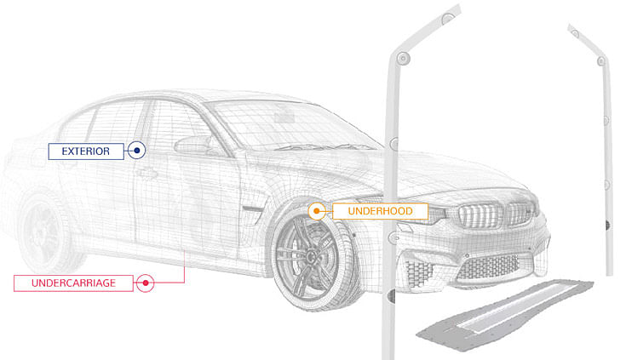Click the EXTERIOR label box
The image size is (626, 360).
click(86, 151)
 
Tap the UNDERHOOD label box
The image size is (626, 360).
click(380, 211)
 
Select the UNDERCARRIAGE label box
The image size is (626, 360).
click(73, 283)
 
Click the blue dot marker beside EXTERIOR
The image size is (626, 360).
click(137, 151)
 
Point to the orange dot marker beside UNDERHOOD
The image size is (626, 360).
click(317, 211)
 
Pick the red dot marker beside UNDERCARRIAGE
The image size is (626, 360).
click(146, 283)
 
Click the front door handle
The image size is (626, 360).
click(146, 174)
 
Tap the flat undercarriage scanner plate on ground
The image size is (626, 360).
click(504, 315)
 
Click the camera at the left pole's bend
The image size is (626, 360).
click(403, 59)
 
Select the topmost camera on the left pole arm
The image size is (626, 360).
click(448, 19)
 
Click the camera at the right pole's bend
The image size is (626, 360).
click(601, 61)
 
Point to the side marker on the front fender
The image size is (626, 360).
click(253, 209)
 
